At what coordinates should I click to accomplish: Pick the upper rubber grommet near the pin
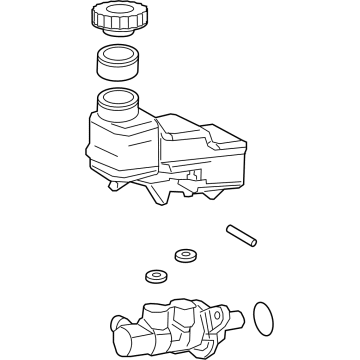[184, 256]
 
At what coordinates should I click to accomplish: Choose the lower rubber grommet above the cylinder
[156, 277]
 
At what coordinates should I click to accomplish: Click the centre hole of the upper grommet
[184, 254]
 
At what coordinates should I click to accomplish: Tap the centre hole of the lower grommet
[156, 275]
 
